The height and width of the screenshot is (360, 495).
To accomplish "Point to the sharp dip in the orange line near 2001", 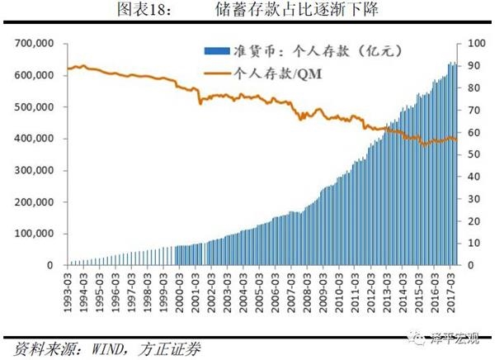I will pos(200,103).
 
